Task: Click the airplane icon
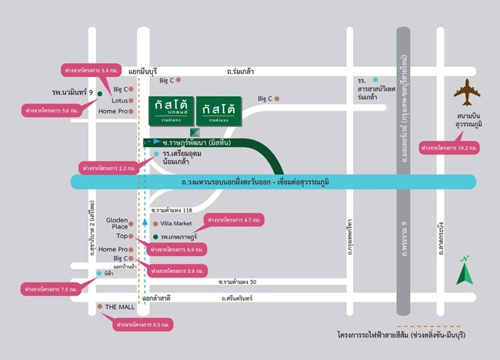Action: click(466, 94)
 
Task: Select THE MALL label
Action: click(119, 307)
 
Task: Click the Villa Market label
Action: click(175, 223)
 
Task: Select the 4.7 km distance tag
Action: click(235, 220)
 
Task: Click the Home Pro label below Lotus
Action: click(112, 112)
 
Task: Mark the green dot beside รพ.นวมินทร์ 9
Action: click(100, 93)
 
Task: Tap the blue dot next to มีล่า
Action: click(98, 273)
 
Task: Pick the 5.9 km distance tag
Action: click(178, 271)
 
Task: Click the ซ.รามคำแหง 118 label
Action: click(171, 209)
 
